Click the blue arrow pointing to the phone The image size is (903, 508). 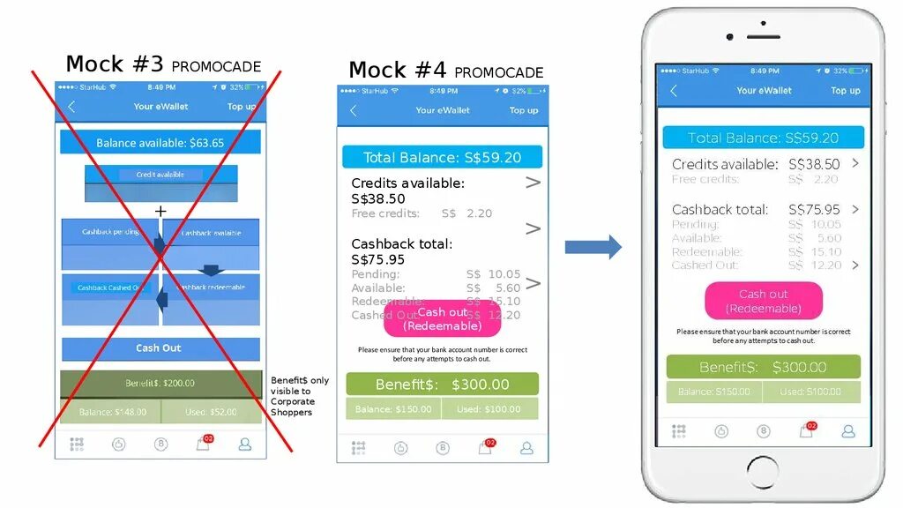coord(593,247)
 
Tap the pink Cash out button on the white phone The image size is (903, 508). coord(764,301)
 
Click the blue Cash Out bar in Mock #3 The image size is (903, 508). coord(160,348)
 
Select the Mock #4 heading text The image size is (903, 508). coord(445,71)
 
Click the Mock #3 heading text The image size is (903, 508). coord(163,64)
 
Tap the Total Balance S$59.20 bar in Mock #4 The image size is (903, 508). coord(442,158)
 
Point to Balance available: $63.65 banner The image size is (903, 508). coord(160,143)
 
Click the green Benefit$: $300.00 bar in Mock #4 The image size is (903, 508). coord(442,385)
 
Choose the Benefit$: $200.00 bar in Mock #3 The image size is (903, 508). coord(160,384)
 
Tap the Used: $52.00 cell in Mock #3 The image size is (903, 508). coord(211,412)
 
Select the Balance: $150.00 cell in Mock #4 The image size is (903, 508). coord(393,409)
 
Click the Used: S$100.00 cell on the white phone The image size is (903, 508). coord(810,392)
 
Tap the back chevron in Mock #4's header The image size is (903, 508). coord(354,110)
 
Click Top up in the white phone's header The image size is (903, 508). coord(845,90)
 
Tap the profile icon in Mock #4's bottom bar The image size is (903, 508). coord(526,448)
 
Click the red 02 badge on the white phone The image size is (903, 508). coord(811,426)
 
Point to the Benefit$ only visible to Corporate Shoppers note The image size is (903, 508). coord(299,396)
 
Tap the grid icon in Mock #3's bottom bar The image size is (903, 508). coord(77,444)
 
